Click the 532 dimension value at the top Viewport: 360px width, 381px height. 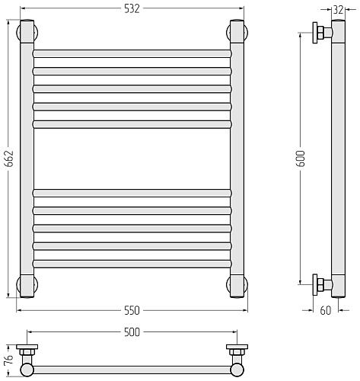[x=132, y=9]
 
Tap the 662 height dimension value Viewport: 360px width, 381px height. [x=9, y=158]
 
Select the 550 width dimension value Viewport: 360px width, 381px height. [x=132, y=310]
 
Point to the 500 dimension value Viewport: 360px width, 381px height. [x=132, y=332]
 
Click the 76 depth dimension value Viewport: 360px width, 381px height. [x=9, y=360]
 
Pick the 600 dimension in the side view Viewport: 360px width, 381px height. [x=301, y=158]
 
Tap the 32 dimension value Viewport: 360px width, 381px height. [x=338, y=10]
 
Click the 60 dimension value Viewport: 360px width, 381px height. [x=326, y=310]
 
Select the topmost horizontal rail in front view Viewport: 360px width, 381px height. [x=132, y=53]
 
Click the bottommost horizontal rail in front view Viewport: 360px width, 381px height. [x=132, y=264]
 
